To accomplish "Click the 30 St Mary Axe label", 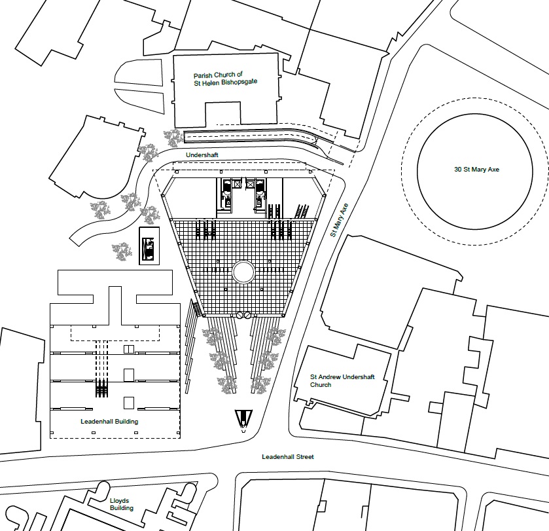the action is click(x=476, y=170).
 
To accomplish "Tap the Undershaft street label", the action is click(x=202, y=155).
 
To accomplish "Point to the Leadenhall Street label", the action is click(x=288, y=457).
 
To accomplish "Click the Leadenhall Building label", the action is click(x=109, y=422).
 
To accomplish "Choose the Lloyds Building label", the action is click(x=122, y=504).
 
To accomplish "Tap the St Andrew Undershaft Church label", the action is click(x=342, y=381).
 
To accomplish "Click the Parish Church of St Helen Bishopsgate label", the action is click(x=226, y=79).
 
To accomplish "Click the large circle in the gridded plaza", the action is click(x=243, y=272).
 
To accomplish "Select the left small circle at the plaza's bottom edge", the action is click(x=239, y=315).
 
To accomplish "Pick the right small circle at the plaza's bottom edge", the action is click(x=247, y=315).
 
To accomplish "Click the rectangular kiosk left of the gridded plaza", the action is click(x=149, y=246).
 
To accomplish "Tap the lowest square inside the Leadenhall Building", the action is click(x=129, y=403).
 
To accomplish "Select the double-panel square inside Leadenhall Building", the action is click(x=129, y=349).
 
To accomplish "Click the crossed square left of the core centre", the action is click(x=238, y=183).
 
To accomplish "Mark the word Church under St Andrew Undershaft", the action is click(x=321, y=384).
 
